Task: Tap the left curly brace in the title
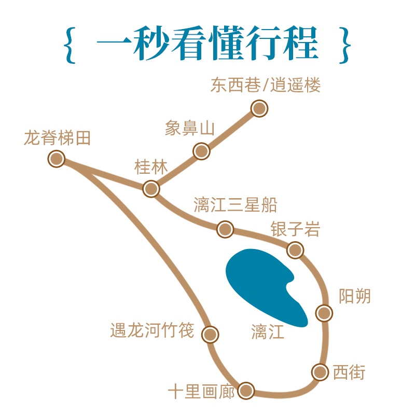69,45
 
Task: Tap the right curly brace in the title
345,45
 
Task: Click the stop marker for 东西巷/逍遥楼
259,108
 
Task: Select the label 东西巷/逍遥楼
266,85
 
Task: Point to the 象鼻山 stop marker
201,151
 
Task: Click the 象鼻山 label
189,128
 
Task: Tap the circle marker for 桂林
151,188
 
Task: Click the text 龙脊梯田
57,138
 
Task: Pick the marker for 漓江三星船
225,229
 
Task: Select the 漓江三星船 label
235,205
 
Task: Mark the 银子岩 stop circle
295,250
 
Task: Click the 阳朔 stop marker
324,313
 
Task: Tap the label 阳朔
355,296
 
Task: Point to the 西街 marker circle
320,372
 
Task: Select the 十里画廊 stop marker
246,390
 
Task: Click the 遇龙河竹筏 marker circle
210,335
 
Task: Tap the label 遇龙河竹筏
152,330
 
